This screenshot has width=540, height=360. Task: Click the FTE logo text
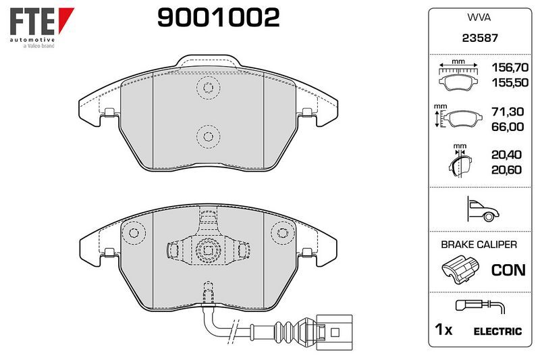tap(32, 21)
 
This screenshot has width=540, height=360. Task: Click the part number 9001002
tap(218, 18)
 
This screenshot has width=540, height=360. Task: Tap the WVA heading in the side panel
tap(479, 18)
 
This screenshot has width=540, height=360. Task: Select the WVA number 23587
tap(480, 38)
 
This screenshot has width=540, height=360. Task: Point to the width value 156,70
tap(510, 67)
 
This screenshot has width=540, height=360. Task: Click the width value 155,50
tap(510, 82)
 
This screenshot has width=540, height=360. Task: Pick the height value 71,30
tap(508, 111)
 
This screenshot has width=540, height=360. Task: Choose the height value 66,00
tap(508, 127)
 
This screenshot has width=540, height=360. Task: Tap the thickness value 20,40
tap(507, 155)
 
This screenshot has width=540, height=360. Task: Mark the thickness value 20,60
tap(507, 170)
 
